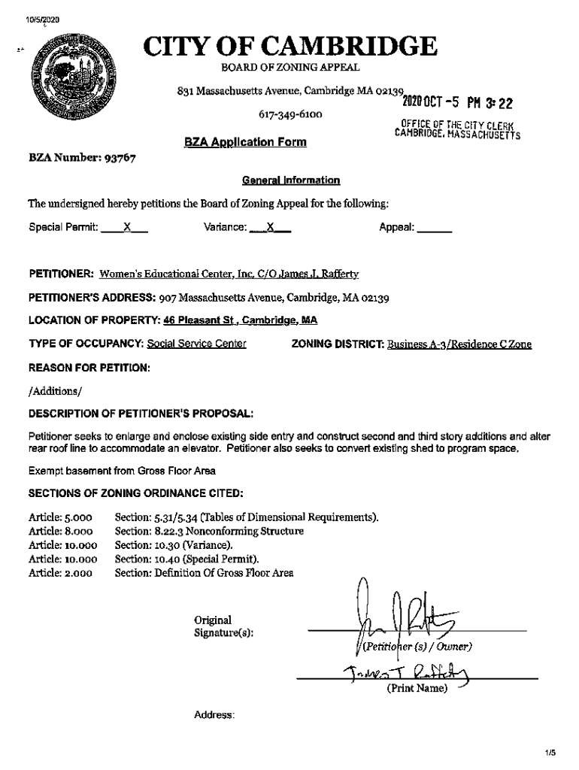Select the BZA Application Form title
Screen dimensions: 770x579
click(x=245, y=141)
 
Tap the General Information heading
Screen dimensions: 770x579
click(x=290, y=180)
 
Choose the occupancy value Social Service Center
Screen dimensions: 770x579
click(x=196, y=344)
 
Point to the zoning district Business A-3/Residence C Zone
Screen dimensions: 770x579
click(x=459, y=344)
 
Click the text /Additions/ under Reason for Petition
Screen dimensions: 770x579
click(x=54, y=392)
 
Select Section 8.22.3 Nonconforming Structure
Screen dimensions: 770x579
click(x=209, y=531)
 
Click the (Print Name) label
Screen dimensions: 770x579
click(x=417, y=688)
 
